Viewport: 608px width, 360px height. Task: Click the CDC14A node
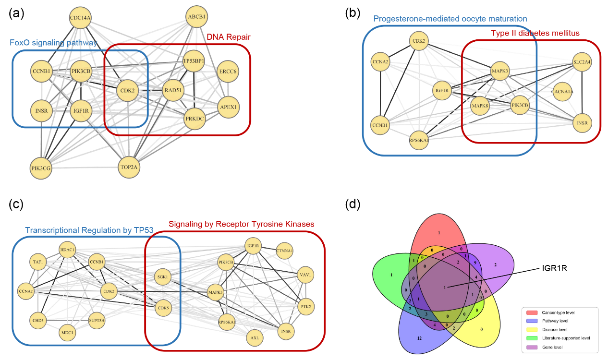(80, 18)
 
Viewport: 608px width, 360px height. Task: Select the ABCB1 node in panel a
(196, 17)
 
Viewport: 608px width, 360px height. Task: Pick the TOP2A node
(130, 167)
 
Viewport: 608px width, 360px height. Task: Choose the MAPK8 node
(480, 106)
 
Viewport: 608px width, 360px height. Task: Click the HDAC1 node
(68, 251)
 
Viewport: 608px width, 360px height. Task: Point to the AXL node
(255, 338)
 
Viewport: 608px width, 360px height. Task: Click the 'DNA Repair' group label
(229, 37)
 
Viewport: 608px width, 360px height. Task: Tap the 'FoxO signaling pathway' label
(54, 43)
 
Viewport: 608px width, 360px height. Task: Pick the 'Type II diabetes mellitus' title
(535, 33)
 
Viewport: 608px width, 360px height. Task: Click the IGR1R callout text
(553, 268)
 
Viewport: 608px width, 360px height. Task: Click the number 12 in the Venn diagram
(419, 338)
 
